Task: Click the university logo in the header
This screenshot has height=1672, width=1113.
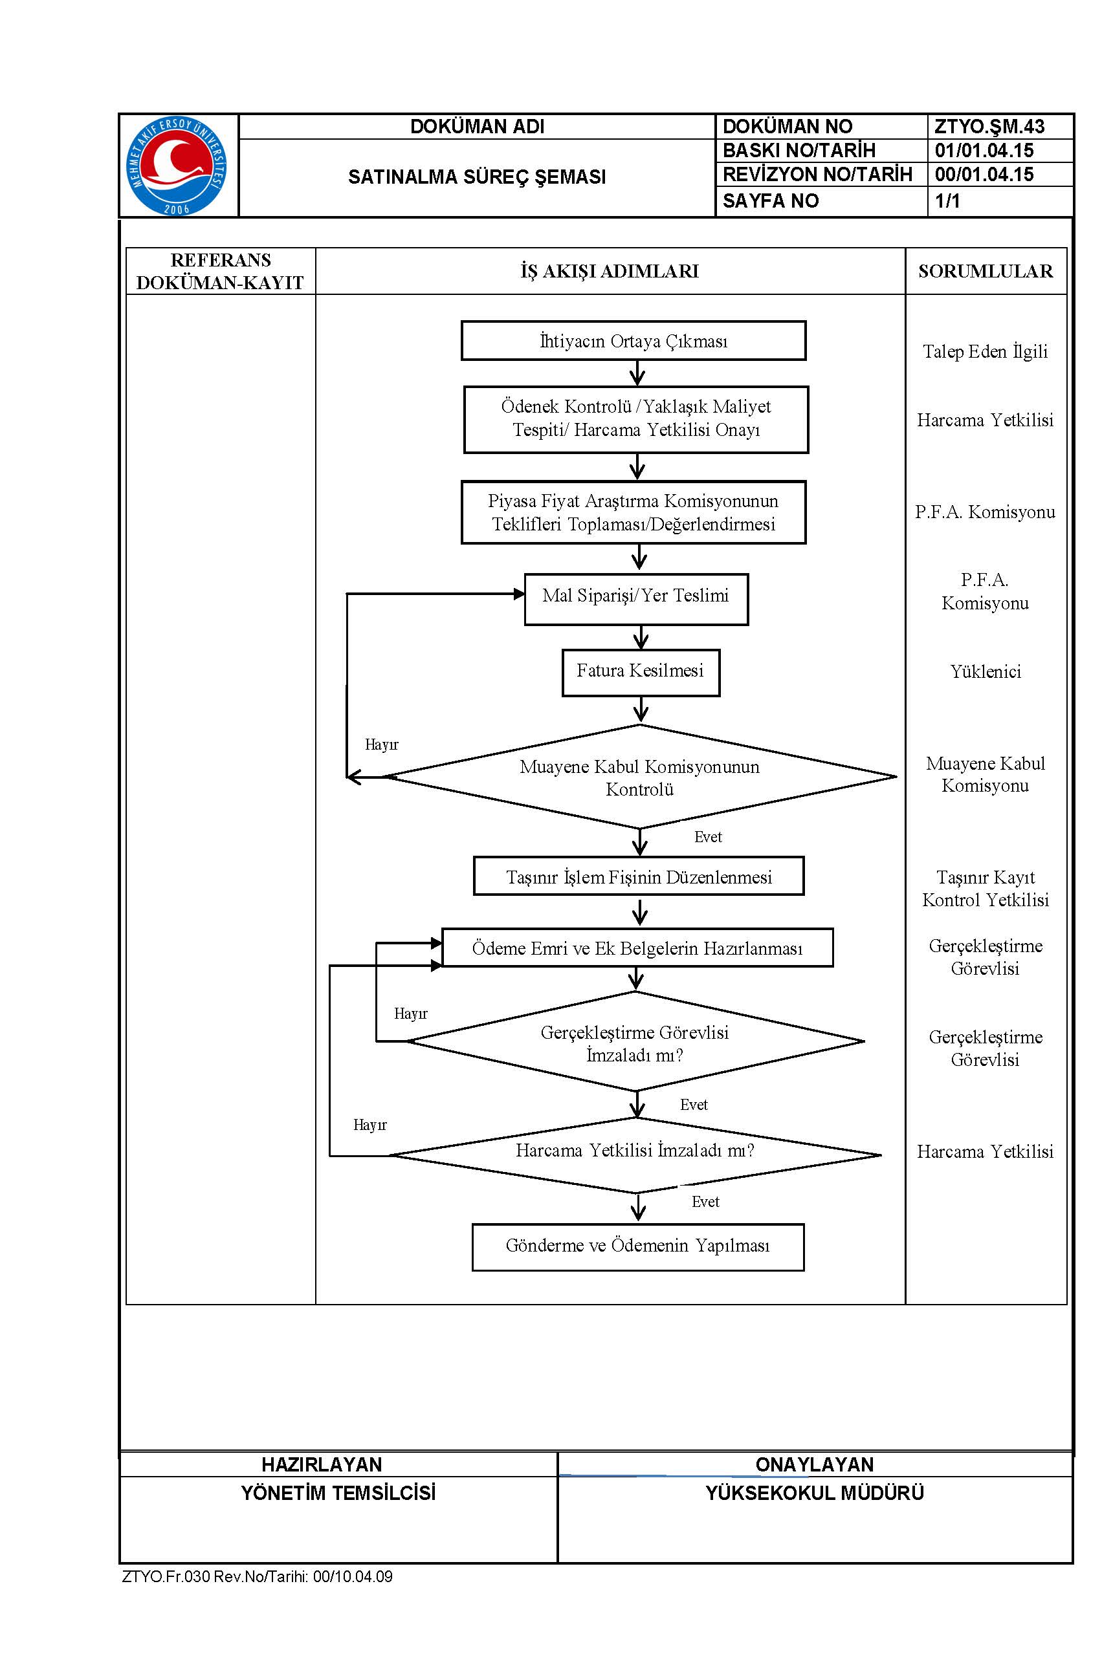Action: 177,166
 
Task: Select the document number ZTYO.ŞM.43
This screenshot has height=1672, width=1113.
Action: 989,127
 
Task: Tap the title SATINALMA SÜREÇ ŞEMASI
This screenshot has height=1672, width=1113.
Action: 477,177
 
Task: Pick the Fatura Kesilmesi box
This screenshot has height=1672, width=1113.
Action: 641,673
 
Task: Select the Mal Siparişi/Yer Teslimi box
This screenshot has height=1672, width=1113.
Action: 636,599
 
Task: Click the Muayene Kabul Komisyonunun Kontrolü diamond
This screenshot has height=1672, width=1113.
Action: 639,776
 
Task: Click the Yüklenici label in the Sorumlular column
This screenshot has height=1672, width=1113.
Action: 986,672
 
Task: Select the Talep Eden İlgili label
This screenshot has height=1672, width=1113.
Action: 986,351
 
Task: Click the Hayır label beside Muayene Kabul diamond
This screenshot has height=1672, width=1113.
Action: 381,745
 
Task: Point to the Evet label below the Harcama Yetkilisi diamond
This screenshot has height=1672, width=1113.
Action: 705,1202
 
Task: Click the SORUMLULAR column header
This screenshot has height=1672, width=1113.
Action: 986,271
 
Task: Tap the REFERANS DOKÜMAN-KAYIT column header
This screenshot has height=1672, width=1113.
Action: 220,271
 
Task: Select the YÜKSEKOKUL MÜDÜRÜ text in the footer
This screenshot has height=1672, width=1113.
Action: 815,1493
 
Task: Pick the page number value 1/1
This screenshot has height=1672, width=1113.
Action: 947,201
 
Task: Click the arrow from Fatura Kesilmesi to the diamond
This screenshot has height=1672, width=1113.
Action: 641,710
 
